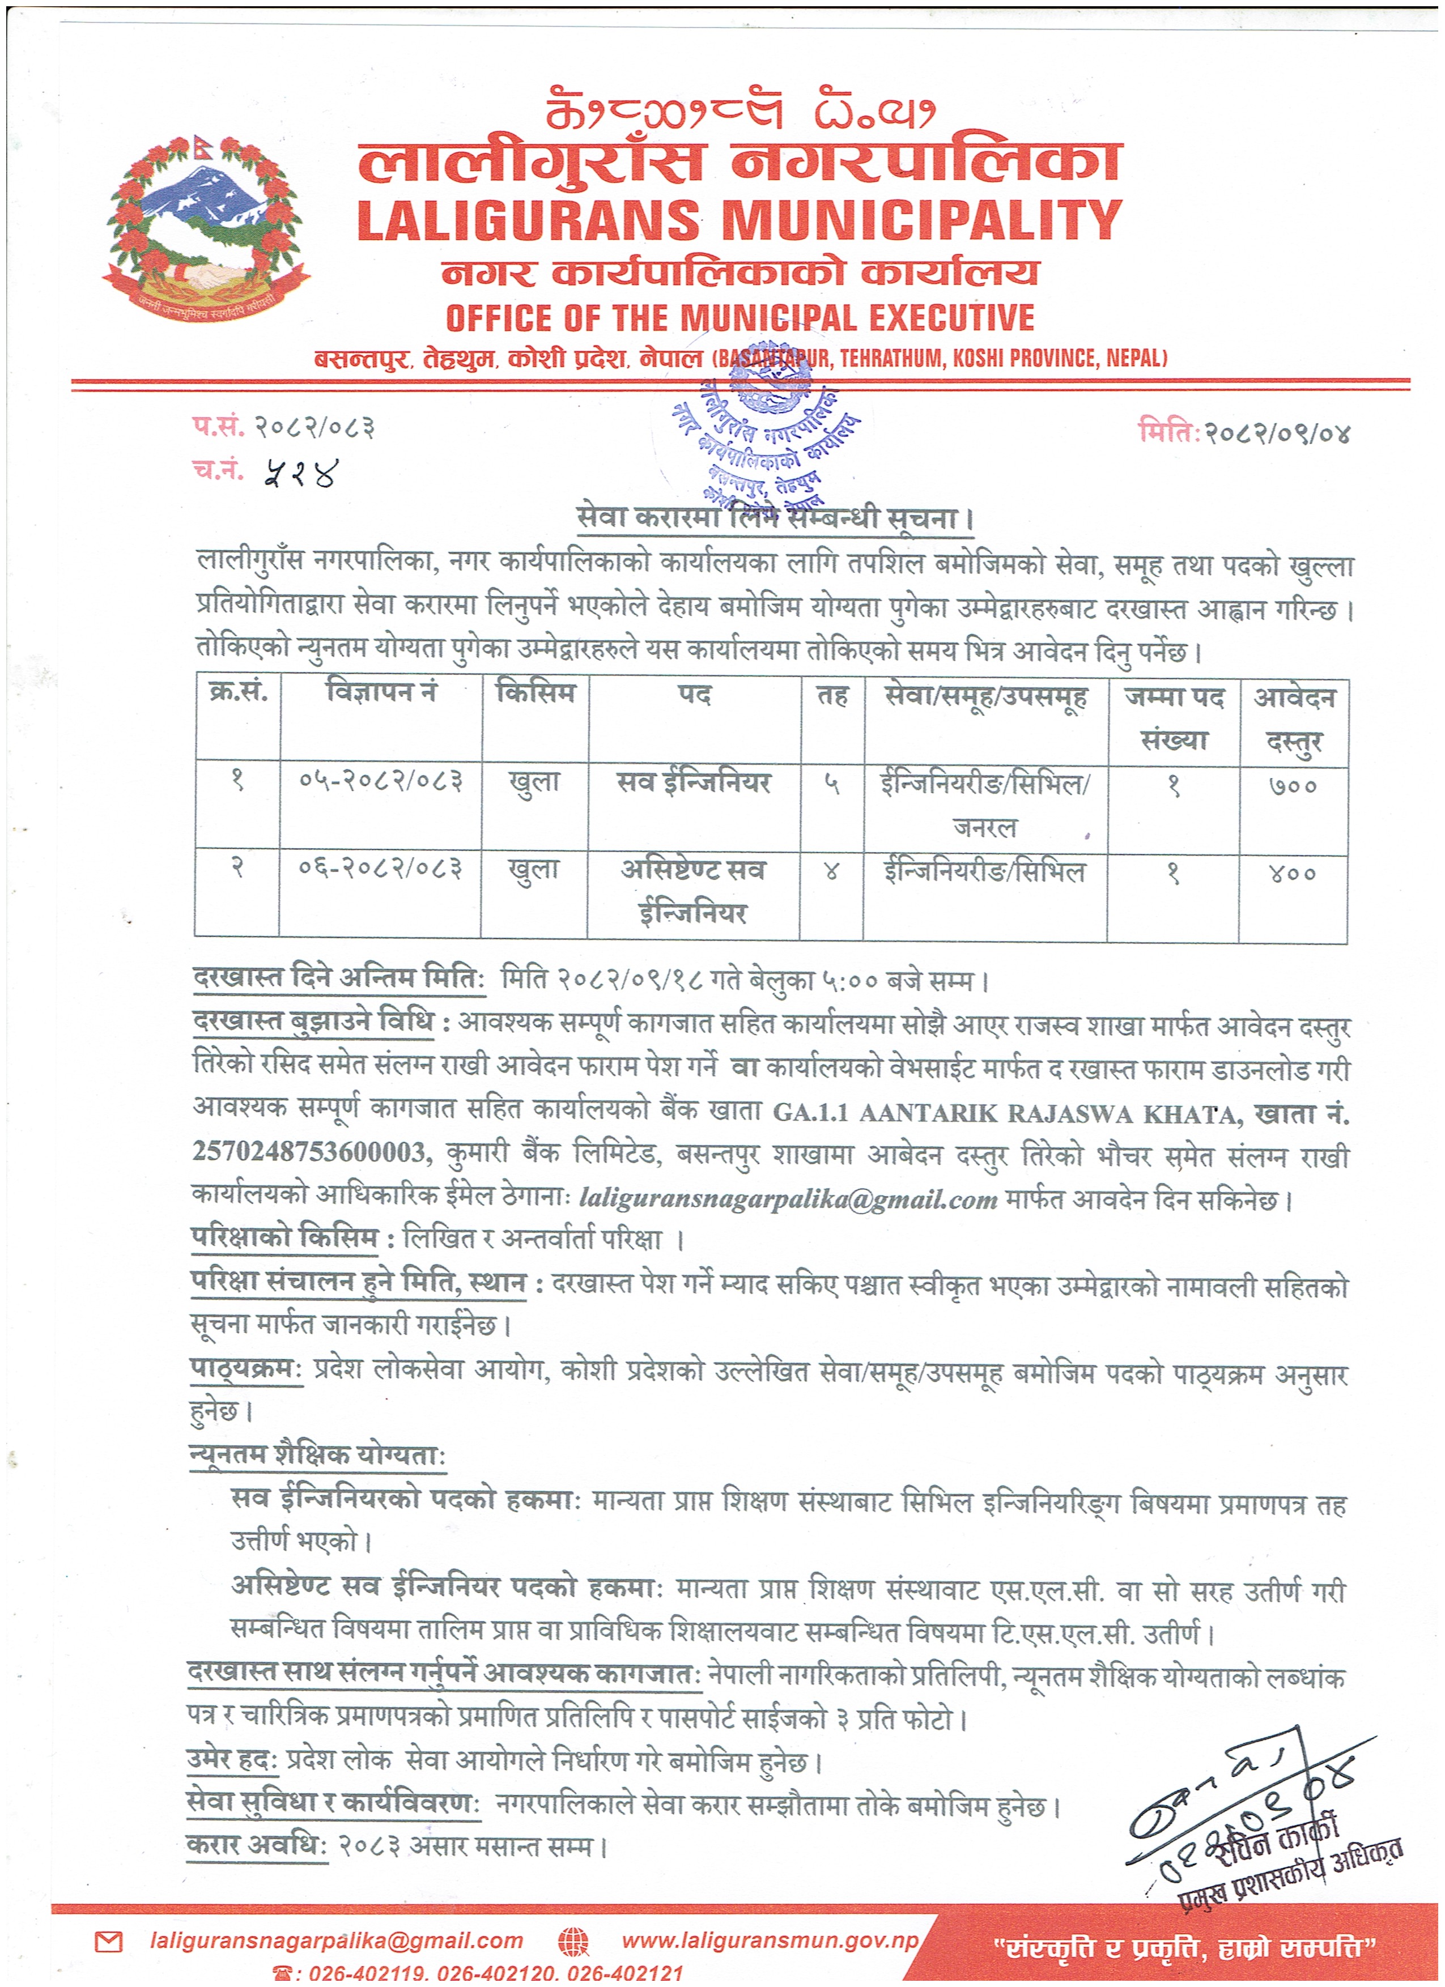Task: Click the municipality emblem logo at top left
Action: coord(206,229)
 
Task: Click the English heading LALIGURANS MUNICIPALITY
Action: coord(739,221)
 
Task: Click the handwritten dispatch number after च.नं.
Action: coord(300,474)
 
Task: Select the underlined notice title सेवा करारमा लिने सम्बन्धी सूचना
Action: coord(775,518)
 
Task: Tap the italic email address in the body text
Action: coord(788,1198)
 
